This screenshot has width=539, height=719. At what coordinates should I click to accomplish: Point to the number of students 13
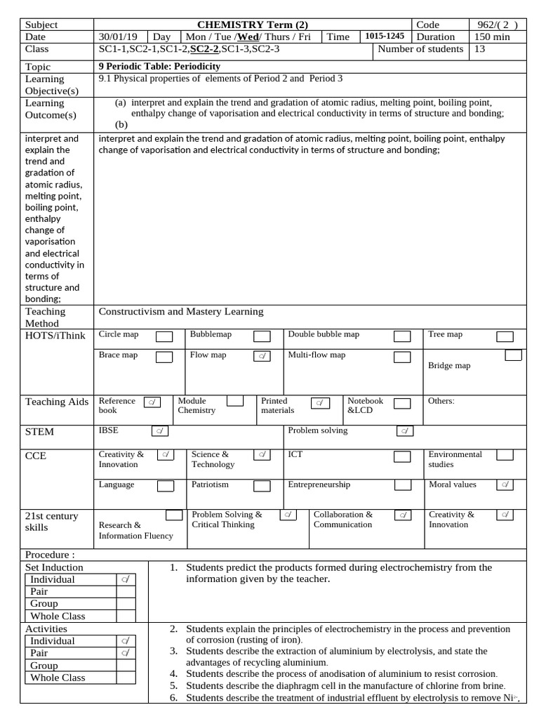pos(479,49)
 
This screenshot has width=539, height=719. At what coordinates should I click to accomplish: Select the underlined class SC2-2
pos(204,49)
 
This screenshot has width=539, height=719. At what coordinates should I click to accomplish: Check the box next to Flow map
pos(262,357)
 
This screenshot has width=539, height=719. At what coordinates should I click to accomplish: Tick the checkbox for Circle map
pos(164,337)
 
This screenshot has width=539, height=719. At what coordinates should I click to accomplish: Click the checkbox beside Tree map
pos(505,337)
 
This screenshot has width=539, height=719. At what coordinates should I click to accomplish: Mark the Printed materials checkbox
pos(321,403)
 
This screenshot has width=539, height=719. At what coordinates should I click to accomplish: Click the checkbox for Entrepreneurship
pos(402,485)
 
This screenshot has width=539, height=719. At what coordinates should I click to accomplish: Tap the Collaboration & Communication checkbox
pos(403,515)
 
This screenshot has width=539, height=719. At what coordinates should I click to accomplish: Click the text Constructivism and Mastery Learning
pos(181,311)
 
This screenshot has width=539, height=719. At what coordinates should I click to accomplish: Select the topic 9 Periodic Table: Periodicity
pos(159,66)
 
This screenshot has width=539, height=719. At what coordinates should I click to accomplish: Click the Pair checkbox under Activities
pos(126,653)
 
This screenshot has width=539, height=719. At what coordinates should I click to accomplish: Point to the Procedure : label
pos(50,555)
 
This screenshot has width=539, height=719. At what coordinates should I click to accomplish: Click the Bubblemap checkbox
pos(262,337)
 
